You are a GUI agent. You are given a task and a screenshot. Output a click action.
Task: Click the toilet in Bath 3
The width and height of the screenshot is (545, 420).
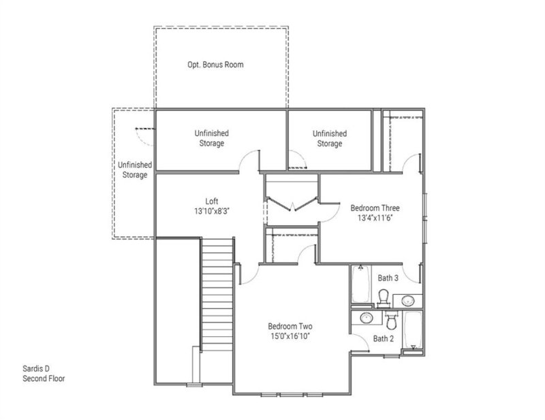(x=384, y=297)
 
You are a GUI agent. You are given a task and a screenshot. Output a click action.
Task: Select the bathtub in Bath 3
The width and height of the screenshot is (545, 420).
(x=360, y=285)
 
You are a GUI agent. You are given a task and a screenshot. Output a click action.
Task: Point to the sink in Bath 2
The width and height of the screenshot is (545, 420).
(x=367, y=317)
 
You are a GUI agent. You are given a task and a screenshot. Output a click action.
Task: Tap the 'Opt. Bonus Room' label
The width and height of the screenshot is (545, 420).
(x=215, y=65)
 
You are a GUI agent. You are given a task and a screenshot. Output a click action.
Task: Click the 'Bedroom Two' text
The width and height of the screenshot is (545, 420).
(x=290, y=325)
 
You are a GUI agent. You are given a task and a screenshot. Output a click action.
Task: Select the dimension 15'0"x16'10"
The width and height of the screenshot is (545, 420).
(x=290, y=336)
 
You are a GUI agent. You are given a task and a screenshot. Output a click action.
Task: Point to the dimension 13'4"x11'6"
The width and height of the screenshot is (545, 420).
(x=375, y=219)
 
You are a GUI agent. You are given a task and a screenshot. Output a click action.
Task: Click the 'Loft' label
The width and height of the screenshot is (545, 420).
(x=212, y=201)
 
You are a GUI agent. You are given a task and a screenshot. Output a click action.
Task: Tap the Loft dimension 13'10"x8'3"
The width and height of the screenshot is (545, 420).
(x=212, y=212)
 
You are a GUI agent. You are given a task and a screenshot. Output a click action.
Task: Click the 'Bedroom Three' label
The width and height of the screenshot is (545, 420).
(x=375, y=208)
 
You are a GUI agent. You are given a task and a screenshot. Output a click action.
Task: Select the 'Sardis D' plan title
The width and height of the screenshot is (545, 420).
(x=37, y=368)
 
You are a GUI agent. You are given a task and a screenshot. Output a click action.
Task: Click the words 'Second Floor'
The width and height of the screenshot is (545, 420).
(x=44, y=378)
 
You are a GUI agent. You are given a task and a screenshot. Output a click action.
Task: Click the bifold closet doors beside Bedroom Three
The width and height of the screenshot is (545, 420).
(x=291, y=204)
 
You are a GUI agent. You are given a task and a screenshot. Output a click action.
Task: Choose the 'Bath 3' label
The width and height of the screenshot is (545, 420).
(x=388, y=278)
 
